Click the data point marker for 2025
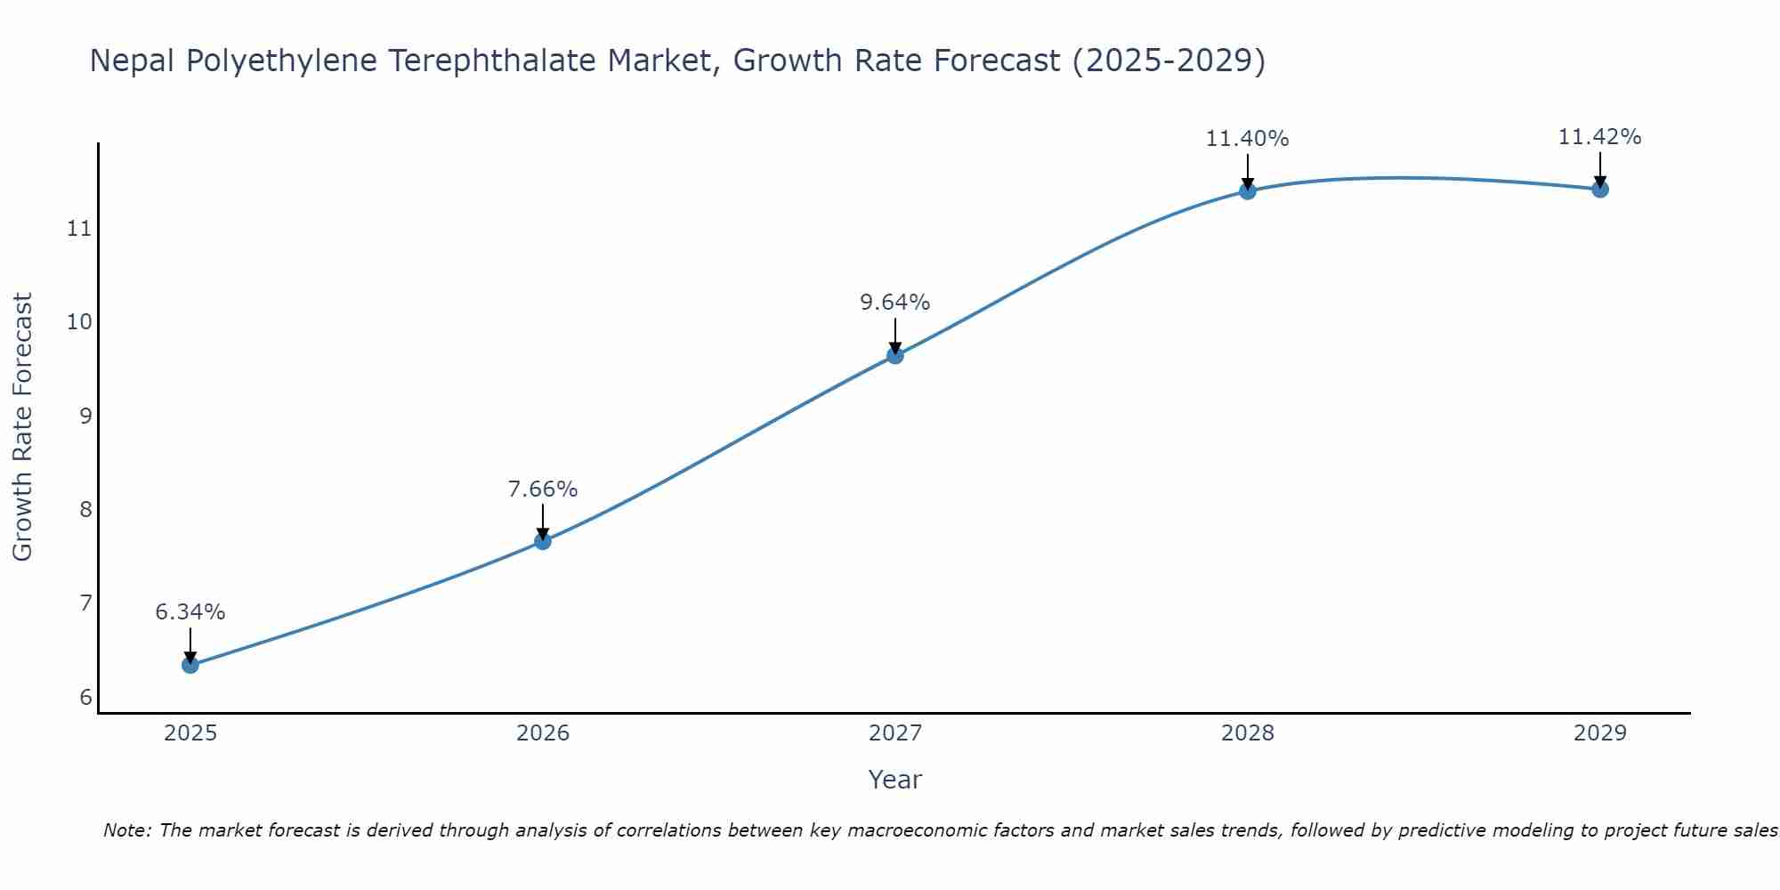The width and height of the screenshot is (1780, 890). (190, 665)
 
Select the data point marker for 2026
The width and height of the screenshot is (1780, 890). (543, 541)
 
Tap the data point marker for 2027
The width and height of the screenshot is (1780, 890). (895, 356)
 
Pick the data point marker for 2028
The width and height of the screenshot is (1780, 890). (1248, 190)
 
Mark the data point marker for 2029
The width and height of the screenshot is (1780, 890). (1600, 189)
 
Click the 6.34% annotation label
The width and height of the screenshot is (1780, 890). (190, 612)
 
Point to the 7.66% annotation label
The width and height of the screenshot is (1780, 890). (543, 489)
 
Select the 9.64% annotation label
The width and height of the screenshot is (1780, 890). (895, 303)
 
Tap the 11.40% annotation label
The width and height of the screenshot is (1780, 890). (1248, 139)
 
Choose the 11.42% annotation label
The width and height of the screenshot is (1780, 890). (1600, 137)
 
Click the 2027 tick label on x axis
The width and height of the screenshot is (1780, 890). (895, 733)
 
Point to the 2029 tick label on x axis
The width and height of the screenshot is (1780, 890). (1600, 733)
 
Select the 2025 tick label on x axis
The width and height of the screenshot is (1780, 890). (190, 733)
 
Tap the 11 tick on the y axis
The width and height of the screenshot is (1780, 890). (79, 229)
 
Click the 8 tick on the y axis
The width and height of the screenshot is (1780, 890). (85, 509)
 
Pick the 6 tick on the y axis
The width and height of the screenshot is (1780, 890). (85, 697)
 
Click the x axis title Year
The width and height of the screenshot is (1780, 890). (895, 780)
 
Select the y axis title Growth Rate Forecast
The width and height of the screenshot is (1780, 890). (23, 427)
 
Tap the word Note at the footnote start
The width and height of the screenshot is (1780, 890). (127, 830)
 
